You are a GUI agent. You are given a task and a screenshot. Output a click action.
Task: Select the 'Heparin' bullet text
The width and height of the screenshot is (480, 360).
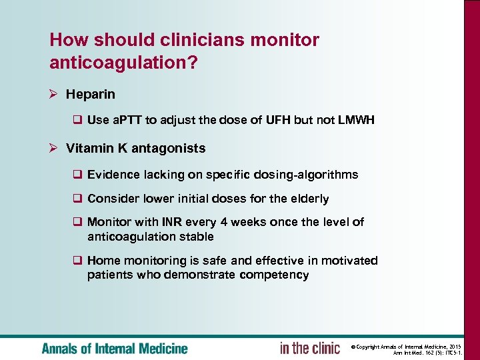point(91,95)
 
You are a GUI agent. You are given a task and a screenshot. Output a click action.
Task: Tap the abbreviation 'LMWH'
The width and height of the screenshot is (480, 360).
point(356,120)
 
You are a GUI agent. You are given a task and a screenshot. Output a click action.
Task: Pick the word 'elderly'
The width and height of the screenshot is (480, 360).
point(309,199)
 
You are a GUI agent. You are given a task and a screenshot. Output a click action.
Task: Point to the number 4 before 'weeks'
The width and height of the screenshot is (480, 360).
point(223,222)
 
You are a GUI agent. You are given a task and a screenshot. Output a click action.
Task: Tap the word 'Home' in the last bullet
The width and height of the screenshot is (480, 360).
point(103,261)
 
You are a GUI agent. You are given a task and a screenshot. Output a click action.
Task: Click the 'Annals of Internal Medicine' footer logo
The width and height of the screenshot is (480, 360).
point(115,348)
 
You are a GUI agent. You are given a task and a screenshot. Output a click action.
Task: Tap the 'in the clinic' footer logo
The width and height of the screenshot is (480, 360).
point(309,347)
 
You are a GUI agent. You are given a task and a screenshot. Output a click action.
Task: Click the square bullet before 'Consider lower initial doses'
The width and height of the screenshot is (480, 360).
point(77,199)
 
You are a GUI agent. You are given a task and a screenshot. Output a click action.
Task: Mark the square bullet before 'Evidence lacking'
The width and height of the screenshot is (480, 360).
point(77,175)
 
